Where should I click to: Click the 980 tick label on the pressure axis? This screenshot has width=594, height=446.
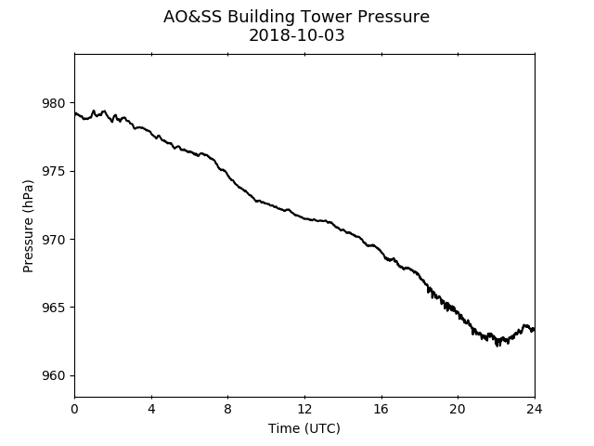(54, 103)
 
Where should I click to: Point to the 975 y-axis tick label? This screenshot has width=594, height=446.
(54, 171)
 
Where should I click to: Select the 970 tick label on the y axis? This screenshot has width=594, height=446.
(54, 240)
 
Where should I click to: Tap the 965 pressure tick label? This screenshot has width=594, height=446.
(54, 308)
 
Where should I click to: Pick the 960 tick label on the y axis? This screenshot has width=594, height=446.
(54, 375)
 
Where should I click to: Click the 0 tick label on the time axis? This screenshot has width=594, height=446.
(74, 409)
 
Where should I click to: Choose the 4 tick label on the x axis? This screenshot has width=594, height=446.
(151, 409)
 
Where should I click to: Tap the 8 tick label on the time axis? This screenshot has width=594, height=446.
(227, 409)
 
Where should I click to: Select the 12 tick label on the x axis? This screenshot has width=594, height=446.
(304, 409)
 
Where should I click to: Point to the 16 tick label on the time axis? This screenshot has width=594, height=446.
(381, 409)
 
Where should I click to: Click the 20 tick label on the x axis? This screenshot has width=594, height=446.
(458, 409)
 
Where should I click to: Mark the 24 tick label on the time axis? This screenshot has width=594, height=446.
(535, 409)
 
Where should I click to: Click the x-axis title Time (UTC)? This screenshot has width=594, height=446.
(304, 428)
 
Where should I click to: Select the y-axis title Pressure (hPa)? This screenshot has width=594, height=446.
(28, 226)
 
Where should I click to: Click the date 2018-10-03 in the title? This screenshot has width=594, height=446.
(297, 35)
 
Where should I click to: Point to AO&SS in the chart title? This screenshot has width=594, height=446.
(192, 17)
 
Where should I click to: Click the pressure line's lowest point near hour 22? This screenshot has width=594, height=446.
(497, 346)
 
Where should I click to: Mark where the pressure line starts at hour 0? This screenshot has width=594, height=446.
(75, 113)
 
